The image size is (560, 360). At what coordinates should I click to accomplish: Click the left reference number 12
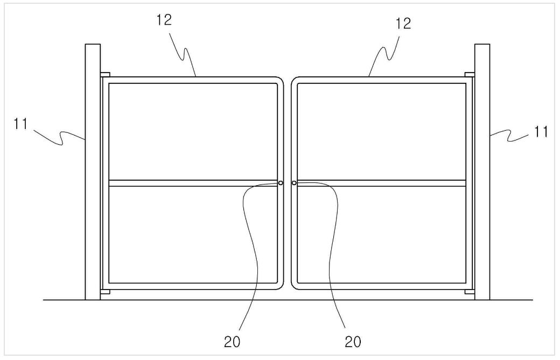tap(164, 19)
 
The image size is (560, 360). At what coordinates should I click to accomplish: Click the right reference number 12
tap(403, 24)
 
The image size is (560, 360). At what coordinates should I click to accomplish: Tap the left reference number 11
tap(20, 124)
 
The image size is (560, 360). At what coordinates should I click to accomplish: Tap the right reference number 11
tap(541, 132)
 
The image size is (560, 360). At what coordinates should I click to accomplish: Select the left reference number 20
tap(232, 342)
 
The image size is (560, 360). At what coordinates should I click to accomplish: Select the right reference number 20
tap(353, 342)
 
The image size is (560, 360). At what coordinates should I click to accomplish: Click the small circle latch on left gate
tap(281, 183)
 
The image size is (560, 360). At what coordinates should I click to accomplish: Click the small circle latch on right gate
tap(294, 183)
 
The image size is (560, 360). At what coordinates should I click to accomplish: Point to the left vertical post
tap(93, 172)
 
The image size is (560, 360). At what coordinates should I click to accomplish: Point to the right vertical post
tap(482, 172)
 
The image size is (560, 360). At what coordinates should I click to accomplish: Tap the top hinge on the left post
tap(105, 75)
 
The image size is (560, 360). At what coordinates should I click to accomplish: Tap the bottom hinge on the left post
tap(105, 292)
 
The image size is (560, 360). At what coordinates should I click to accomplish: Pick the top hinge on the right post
tap(470, 75)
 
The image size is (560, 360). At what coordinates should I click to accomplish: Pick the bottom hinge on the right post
tap(470, 292)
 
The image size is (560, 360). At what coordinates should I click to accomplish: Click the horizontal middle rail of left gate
tap(193, 183)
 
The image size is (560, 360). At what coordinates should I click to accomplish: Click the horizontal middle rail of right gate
tap(381, 183)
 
